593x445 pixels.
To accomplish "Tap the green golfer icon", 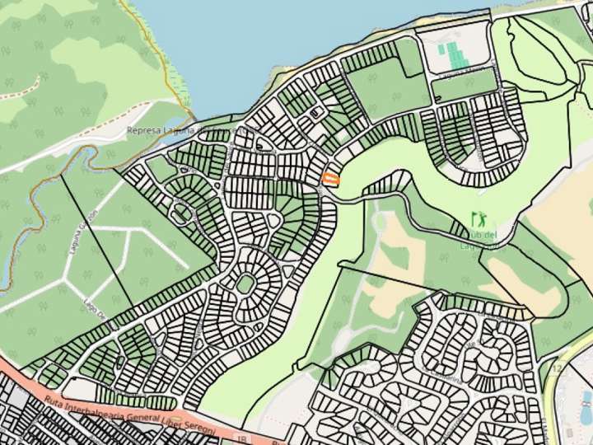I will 478,220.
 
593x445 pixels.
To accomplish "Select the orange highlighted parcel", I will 330,179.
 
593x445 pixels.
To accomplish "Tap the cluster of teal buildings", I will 452,54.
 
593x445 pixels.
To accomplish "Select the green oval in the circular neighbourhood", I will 245,284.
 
